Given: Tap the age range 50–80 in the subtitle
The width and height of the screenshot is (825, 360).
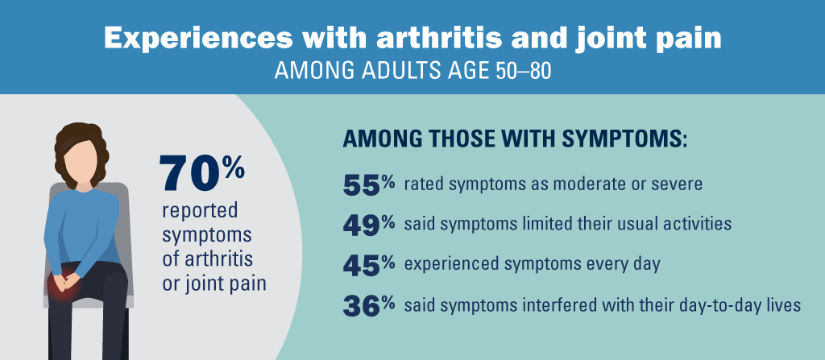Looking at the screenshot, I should [x=520, y=71].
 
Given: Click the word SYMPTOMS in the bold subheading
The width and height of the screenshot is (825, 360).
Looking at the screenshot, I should [x=617, y=139].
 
